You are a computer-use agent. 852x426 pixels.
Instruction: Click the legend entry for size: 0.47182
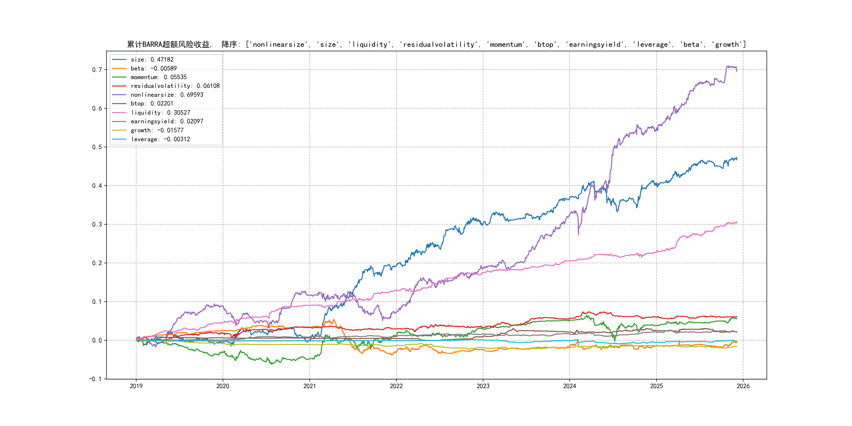(x=152, y=59)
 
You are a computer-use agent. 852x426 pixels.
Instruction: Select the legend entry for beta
(x=154, y=68)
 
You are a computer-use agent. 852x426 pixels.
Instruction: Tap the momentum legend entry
(x=158, y=77)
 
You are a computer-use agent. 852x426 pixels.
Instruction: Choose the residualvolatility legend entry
(x=175, y=86)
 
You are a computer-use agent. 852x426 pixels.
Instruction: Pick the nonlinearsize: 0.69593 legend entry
(x=167, y=95)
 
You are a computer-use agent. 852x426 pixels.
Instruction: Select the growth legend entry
(x=157, y=130)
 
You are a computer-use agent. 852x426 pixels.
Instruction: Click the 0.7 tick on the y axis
(x=97, y=70)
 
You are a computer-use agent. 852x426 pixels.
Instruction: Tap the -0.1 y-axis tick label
(x=95, y=379)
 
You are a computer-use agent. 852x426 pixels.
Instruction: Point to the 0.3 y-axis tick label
(x=97, y=224)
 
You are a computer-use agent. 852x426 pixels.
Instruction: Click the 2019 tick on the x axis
(x=136, y=386)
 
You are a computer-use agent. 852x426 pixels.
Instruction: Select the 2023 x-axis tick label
(x=483, y=386)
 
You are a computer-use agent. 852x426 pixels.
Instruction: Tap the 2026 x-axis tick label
(x=743, y=386)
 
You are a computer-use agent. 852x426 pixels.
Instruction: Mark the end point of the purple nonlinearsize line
(x=737, y=71)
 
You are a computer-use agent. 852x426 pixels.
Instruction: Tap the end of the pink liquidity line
(x=737, y=222)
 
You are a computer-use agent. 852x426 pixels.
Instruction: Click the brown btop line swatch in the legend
(x=119, y=104)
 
